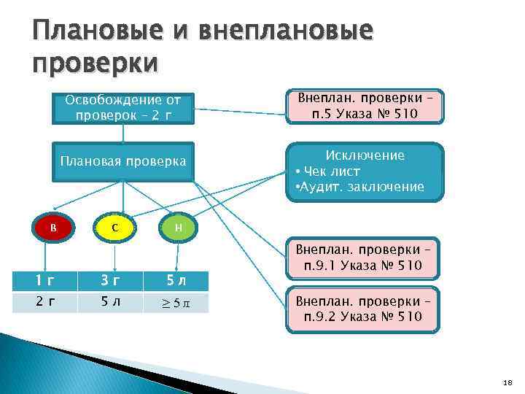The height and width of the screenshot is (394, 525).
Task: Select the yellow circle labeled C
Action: pos(115,228)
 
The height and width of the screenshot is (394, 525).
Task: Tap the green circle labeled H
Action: pos(179,228)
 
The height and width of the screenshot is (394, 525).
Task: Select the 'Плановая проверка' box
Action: pos(122,161)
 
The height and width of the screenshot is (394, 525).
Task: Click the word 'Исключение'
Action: pos(365,155)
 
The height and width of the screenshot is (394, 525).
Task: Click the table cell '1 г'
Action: pos(46,280)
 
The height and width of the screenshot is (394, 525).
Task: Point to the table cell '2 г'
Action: pos(46,301)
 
